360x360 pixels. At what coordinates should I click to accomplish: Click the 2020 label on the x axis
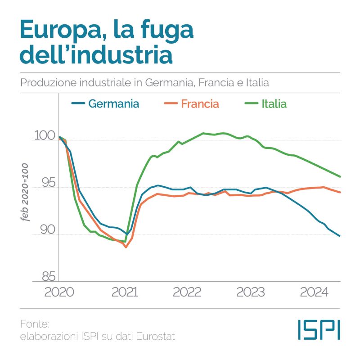pos(59,292)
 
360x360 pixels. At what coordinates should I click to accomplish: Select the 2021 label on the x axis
pos(124,292)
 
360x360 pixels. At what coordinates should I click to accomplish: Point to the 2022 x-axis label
pos(187,292)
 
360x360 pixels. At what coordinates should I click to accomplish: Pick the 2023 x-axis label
pos(250,292)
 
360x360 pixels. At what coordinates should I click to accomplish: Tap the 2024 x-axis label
pos(314,292)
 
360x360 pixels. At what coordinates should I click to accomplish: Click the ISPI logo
pos(319,330)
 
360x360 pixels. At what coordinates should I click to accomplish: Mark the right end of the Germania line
pos(340,236)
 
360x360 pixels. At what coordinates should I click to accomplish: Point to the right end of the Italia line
pos(340,176)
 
